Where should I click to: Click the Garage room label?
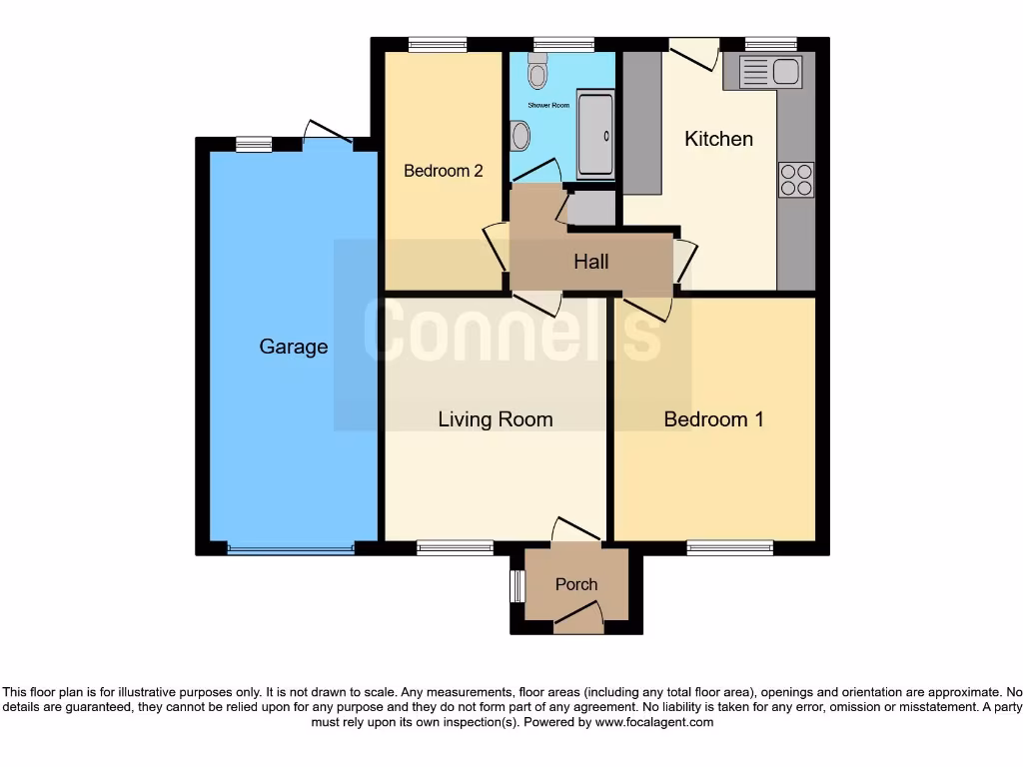(293, 347)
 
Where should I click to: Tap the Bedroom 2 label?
(443, 171)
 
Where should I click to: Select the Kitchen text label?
(718, 139)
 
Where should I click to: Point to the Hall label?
(590, 262)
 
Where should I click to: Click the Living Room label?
(495, 419)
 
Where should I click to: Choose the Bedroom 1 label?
(713, 419)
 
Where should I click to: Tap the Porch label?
(576, 584)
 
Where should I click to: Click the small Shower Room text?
(547, 133)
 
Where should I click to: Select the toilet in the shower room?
(537, 70)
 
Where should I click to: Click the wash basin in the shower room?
(519, 135)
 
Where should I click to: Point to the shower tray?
(595, 137)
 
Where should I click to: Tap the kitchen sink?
(769, 71)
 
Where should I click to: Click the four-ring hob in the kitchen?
(796, 180)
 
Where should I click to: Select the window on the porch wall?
(516, 586)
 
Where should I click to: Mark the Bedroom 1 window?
(729, 547)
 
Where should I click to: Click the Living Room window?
(455, 547)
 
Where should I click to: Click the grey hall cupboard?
(591, 208)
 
